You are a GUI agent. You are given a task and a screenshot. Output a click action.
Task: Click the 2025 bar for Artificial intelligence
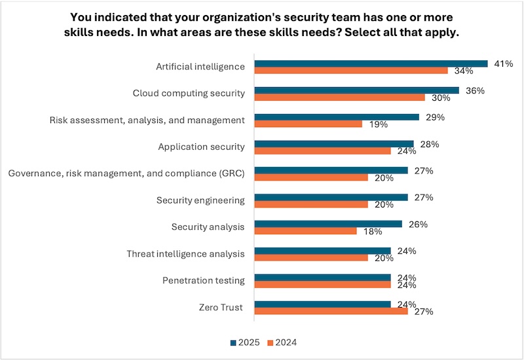pyautogui.click(x=371, y=63)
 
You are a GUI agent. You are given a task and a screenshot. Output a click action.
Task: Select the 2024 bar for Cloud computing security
pyautogui.click(x=339, y=97)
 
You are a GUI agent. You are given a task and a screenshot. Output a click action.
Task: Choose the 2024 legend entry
pyautogui.click(x=282, y=342)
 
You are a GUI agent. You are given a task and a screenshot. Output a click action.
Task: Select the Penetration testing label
pyautogui.click(x=204, y=280)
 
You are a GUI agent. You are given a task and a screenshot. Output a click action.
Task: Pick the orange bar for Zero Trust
pyautogui.click(x=331, y=311)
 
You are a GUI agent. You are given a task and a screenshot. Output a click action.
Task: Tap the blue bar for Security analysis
pyautogui.click(x=328, y=224)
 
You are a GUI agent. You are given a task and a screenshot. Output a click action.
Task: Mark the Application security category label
pyautogui.click(x=201, y=147)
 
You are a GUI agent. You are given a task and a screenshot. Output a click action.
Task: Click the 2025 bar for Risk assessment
pyautogui.click(x=337, y=117)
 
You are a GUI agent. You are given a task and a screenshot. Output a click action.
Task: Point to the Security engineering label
pyautogui.click(x=200, y=200)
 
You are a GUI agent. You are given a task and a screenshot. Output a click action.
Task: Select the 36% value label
pyautogui.click(x=475, y=90)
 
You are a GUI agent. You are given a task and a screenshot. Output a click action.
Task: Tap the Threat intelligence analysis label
pyautogui.click(x=185, y=253)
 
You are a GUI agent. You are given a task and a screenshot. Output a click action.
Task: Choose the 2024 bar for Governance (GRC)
pyautogui.click(x=311, y=177)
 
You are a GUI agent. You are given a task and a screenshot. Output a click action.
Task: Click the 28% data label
pyautogui.click(x=430, y=144)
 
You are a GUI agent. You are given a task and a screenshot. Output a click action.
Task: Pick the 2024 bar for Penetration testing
pyautogui.click(x=322, y=284)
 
